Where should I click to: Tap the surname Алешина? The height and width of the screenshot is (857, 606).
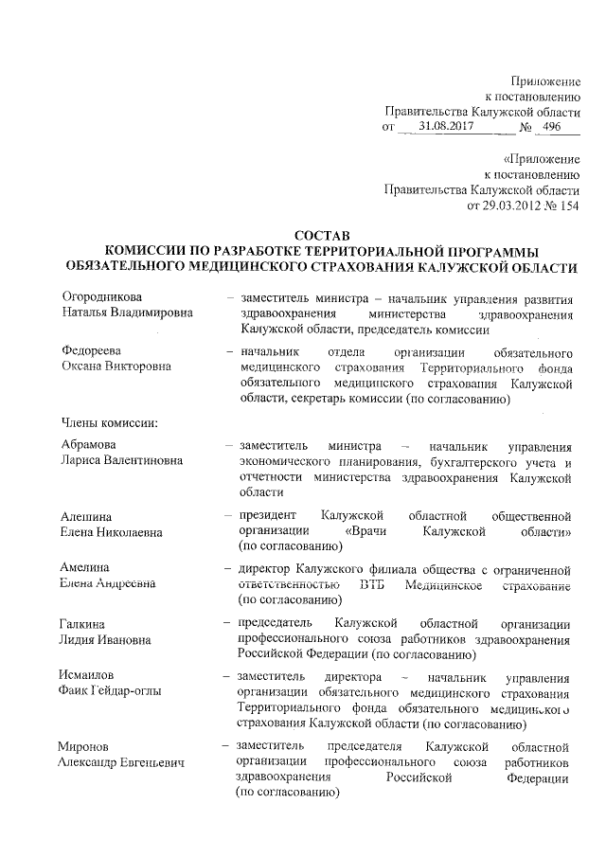pos(87,516)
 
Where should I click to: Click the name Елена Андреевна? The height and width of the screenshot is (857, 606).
pos(108,584)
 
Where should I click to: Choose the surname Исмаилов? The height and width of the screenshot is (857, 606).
pos(91,675)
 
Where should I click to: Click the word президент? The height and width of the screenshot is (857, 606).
pos(270,515)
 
